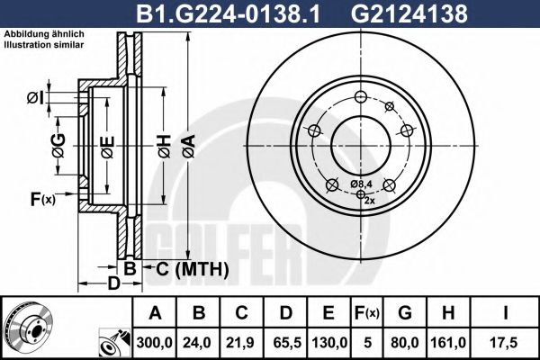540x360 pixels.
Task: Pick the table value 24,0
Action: coord(201,341)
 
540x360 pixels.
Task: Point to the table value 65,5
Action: coord(284,341)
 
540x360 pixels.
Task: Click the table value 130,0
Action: coord(328,341)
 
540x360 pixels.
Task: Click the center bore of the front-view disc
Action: coord(358,145)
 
